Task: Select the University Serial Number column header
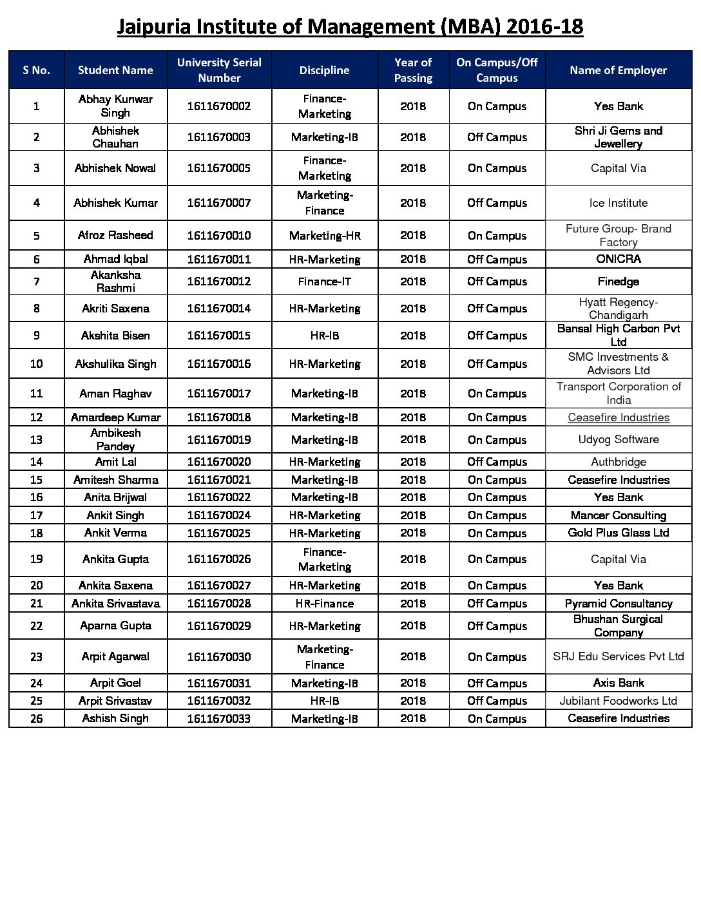(219, 70)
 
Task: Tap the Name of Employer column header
(618, 70)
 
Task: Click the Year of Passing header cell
(413, 70)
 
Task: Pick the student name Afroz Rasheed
(115, 235)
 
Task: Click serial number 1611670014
(219, 309)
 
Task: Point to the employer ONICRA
(618, 259)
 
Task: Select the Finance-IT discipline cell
(324, 282)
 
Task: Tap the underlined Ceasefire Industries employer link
(618, 417)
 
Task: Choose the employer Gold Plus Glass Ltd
(618, 533)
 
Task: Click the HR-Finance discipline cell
(324, 604)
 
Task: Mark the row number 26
(37, 718)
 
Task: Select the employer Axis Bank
(618, 683)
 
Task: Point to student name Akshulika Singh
(115, 364)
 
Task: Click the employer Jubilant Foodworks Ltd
(618, 701)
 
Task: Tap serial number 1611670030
(219, 657)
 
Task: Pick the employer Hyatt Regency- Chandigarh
(618, 309)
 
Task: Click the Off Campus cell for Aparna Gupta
(497, 625)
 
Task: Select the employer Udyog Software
(618, 439)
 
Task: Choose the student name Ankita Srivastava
(115, 604)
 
